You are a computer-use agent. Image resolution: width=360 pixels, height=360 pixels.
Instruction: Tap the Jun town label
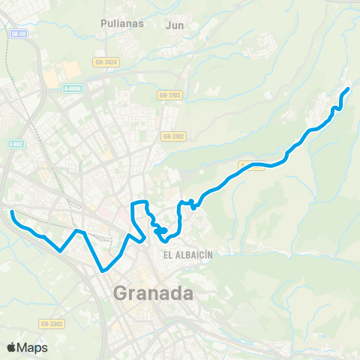(x=174, y=24)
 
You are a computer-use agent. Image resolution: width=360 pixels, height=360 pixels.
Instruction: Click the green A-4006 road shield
(x=73, y=88)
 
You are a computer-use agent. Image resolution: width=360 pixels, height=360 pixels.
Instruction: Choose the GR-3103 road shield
(x=169, y=95)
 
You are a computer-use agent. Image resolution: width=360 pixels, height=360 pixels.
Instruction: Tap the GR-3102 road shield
(x=172, y=136)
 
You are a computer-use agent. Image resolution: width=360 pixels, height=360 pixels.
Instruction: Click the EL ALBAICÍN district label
(x=188, y=254)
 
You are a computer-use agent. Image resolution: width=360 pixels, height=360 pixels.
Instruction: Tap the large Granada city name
(x=152, y=292)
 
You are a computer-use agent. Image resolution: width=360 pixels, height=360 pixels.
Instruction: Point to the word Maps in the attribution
(x=32, y=347)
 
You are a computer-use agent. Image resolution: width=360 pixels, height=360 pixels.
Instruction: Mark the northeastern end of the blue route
(x=348, y=89)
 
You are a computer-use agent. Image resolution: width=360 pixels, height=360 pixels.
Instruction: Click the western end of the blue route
(x=11, y=213)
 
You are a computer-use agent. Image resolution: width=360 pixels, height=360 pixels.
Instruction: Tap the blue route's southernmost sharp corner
(x=102, y=271)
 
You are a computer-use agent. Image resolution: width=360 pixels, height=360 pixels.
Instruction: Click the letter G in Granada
(x=121, y=292)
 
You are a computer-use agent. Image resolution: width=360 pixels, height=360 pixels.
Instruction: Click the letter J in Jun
(x=168, y=24)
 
